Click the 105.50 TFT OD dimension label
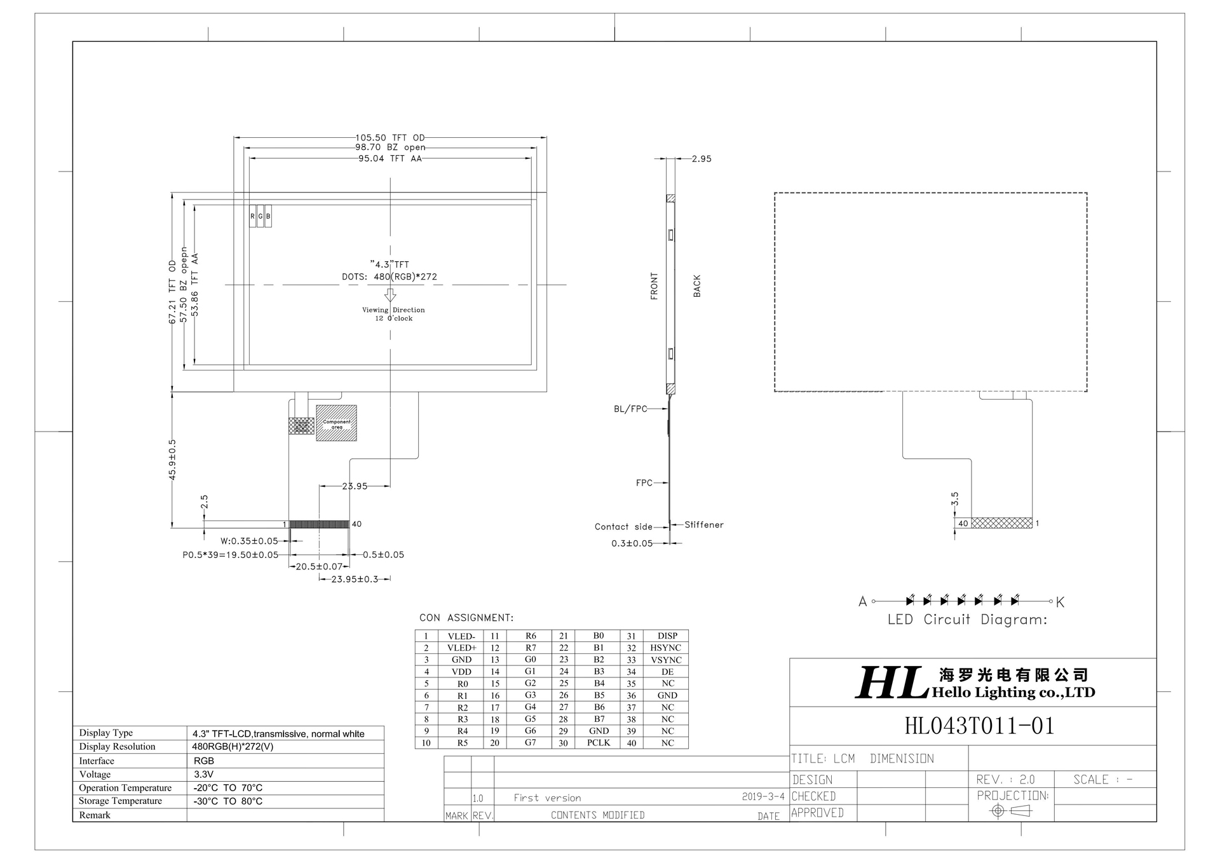(390, 137)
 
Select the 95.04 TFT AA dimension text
(390, 159)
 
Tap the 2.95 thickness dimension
(701, 159)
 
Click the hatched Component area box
(336, 423)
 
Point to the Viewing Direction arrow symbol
(390, 296)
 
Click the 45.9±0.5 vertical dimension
(172, 459)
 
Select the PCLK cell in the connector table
(598, 743)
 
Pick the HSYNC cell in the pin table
(665, 648)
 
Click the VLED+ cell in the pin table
(461, 648)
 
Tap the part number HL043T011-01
(979, 726)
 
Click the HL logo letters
(890, 684)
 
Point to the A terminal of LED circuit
(862, 601)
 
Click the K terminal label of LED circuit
(1060, 602)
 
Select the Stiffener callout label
(703, 525)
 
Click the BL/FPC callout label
(630, 409)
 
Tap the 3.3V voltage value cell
(204, 774)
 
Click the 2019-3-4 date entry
(762, 797)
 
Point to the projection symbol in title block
(1010, 811)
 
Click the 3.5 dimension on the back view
(954, 499)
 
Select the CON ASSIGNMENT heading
(466, 618)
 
